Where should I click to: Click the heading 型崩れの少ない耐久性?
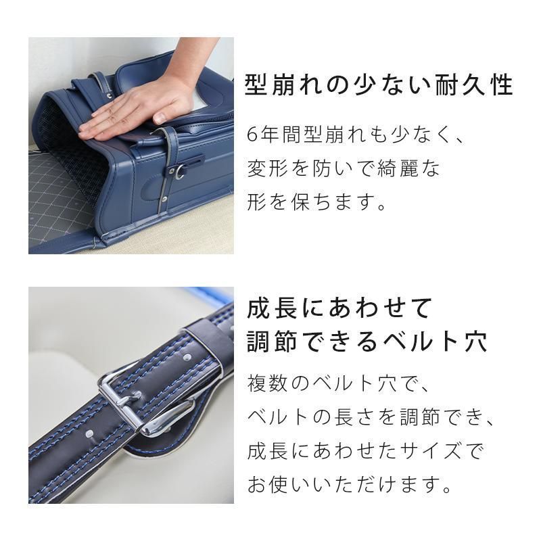coord(379,85)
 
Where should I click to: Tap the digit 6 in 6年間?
coord(252,135)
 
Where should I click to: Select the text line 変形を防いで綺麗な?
coord(344,168)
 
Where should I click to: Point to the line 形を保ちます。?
coord(316,202)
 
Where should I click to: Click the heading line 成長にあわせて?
coord(339,308)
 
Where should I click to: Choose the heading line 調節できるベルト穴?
coord(367,342)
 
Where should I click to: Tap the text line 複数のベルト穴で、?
coord(338,383)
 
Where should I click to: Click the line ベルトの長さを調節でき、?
coord(371,417)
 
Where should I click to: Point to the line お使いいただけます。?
coord(350,485)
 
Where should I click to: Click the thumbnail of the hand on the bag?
coord(131,145)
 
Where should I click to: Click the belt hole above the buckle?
coord(187,356)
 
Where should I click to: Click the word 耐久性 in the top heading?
coord(474,85)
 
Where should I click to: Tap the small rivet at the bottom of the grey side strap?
coord(164,199)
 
